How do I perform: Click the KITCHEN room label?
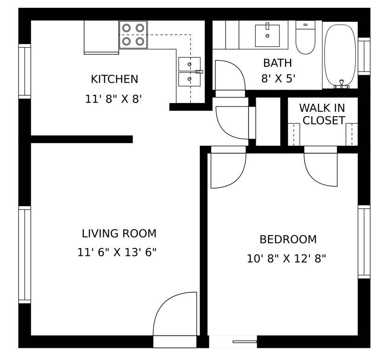click(114, 79)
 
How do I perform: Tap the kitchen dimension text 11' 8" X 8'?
click(113, 99)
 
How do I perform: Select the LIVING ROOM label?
click(119, 234)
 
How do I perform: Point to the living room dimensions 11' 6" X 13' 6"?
click(117, 253)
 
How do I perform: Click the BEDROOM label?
click(288, 240)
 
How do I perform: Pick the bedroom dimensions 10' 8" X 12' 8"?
click(286, 259)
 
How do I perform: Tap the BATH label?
click(277, 63)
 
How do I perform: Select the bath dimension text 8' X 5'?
click(278, 79)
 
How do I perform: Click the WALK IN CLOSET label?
click(322, 114)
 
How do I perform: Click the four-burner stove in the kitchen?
click(133, 35)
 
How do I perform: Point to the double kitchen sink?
click(189, 72)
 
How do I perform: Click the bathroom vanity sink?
click(267, 36)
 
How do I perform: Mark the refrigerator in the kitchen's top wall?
click(101, 37)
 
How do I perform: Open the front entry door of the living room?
click(175, 316)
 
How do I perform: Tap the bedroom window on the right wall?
click(364, 242)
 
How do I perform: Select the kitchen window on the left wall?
click(25, 71)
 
